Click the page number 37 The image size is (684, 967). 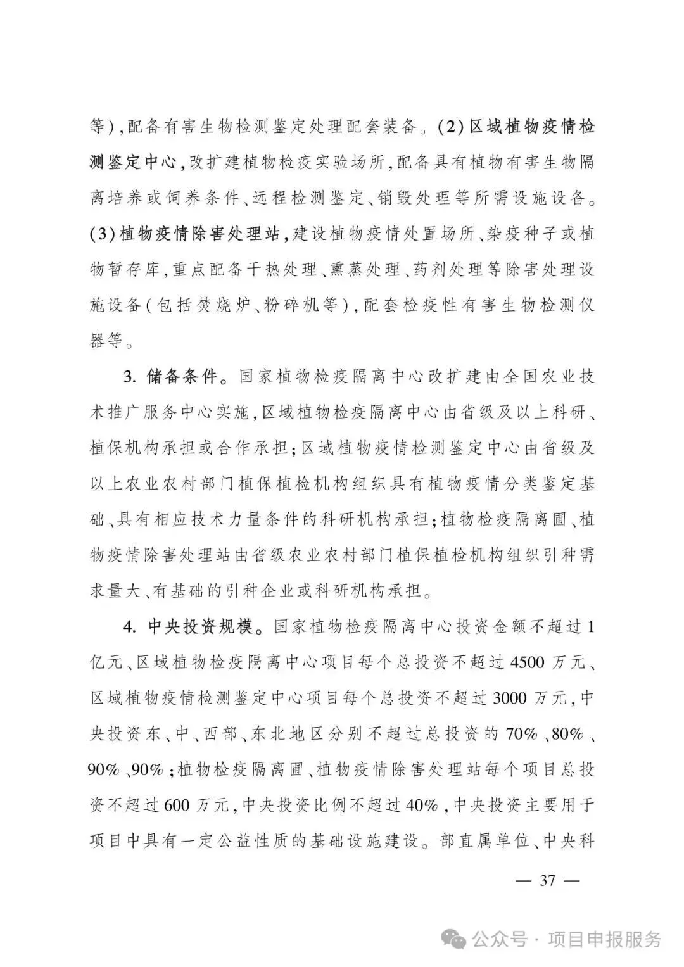pyautogui.click(x=546, y=880)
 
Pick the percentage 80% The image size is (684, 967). pyautogui.click(x=567, y=735)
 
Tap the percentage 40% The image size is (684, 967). pyautogui.click(x=422, y=806)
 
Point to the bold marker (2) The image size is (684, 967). pyautogui.click(x=452, y=127)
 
